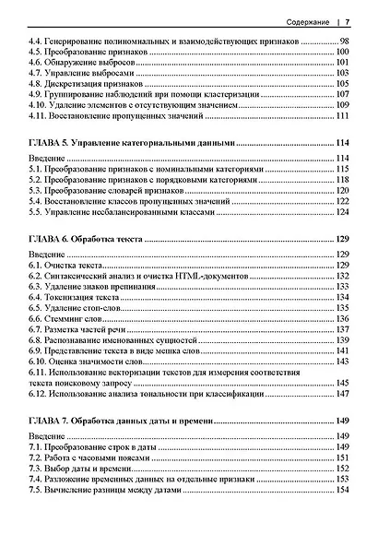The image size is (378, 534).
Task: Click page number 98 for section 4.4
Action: [343, 42]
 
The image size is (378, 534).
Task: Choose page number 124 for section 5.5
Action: [340, 212]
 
